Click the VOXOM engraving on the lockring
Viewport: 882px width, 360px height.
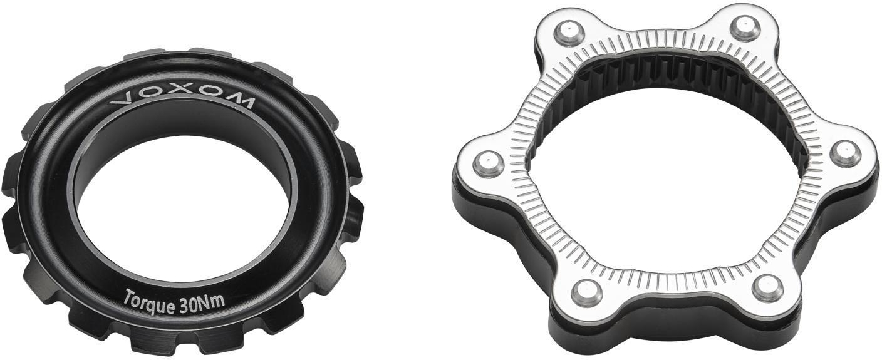point(182,100)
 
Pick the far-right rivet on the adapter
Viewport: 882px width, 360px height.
point(846,153)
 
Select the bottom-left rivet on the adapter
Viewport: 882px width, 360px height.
point(587,294)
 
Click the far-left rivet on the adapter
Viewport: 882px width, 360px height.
point(488,163)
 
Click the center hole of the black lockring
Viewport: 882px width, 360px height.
point(185,208)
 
